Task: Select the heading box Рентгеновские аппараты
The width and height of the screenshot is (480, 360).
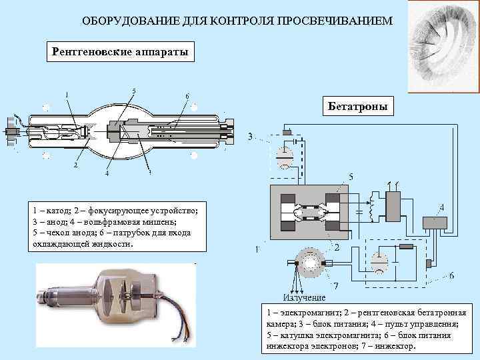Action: point(120,51)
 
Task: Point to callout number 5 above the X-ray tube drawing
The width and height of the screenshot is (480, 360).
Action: point(135,91)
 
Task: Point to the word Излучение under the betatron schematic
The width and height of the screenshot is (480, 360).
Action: point(304,297)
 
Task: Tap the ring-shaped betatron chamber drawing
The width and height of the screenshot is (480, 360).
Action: point(311,264)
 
